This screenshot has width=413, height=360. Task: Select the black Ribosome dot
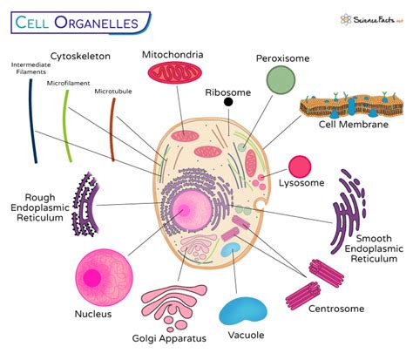pos(228,102)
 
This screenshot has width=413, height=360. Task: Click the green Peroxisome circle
pos(280,80)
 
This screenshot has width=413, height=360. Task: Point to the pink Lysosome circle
pos(300,165)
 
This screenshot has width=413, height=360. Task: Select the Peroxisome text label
pos(283,58)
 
